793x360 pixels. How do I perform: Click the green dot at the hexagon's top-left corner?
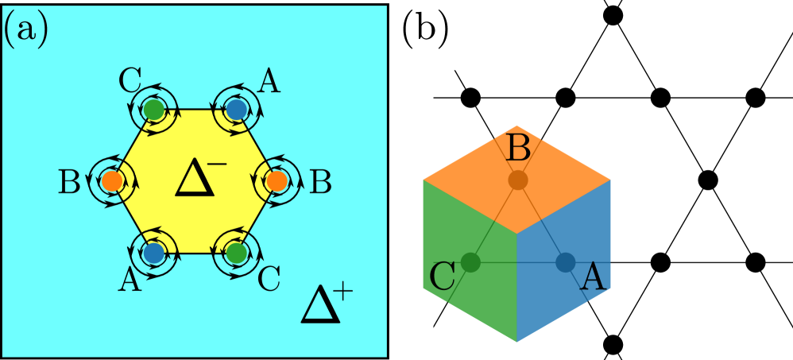155,110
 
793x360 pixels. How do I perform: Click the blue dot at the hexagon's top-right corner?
235,109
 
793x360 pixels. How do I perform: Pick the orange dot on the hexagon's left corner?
112,181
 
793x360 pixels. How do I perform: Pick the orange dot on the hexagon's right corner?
276,181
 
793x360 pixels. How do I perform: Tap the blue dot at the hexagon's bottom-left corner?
153,254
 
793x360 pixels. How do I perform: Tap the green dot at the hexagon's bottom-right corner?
235,254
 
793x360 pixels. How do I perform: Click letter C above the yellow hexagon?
130,80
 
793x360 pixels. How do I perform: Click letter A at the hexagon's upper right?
269,81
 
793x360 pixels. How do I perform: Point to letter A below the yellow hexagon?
130,281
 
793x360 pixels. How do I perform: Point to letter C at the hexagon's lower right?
269,279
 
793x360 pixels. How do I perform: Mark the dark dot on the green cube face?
470,261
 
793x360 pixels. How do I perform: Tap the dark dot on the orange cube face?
518,180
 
